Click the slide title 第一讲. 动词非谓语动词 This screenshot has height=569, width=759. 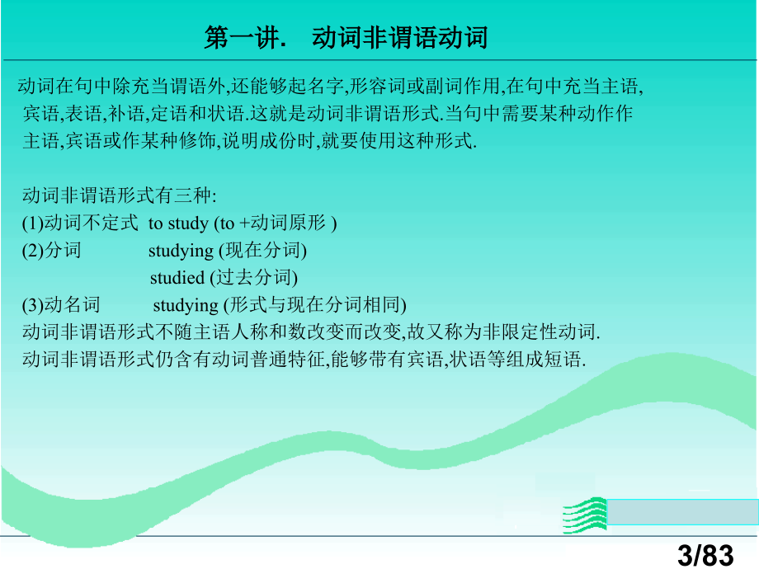pos(346,38)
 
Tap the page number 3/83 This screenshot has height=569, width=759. pos(705,554)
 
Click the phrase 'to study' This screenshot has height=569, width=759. pos(178,223)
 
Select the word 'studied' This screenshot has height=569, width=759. pos(177,278)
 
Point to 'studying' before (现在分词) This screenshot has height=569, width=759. pos(181,252)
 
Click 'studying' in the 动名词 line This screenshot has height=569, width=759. pos(186,306)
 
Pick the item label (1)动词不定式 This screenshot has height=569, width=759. pos(80,223)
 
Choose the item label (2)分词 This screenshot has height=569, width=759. pos(51,251)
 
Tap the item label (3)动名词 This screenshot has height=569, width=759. pos(61,305)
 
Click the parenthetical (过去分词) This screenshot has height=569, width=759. pos(253,278)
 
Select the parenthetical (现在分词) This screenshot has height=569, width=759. pos(262,251)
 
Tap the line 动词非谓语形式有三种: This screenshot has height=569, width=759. pos(119,195)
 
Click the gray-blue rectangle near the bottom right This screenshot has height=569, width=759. pos(682,512)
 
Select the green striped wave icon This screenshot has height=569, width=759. pos(585,515)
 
